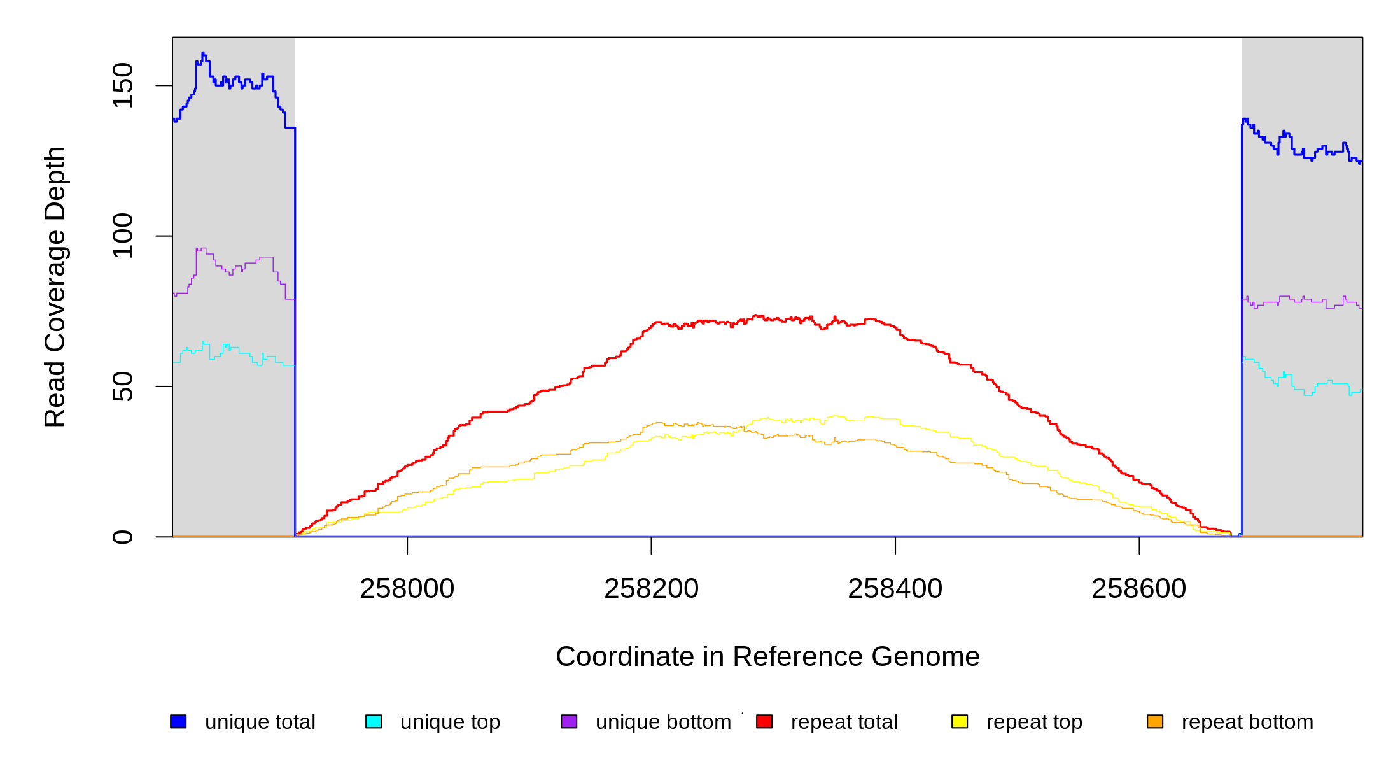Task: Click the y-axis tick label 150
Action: (122, 85)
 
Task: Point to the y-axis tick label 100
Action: (122, 236)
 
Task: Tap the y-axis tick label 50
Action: (122, 386)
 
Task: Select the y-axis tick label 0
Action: (122, 537)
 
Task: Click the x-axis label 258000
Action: (407, 589)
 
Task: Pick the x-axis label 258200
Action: (651, 589)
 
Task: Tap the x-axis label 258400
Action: (895, 589)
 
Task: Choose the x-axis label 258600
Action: (1138, 589)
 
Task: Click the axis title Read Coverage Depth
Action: (55, 286)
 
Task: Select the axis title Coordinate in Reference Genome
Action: (767, 657)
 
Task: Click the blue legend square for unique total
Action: (178, 721)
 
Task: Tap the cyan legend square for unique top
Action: (374, 721)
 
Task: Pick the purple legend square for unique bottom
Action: (569, 721)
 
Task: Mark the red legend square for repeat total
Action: (764, 721)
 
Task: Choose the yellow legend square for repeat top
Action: (960, 721)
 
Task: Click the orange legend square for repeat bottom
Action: (1155, 721)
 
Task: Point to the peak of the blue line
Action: (203, 53)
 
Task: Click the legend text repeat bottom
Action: (1247, 722)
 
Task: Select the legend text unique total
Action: (260, 722)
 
